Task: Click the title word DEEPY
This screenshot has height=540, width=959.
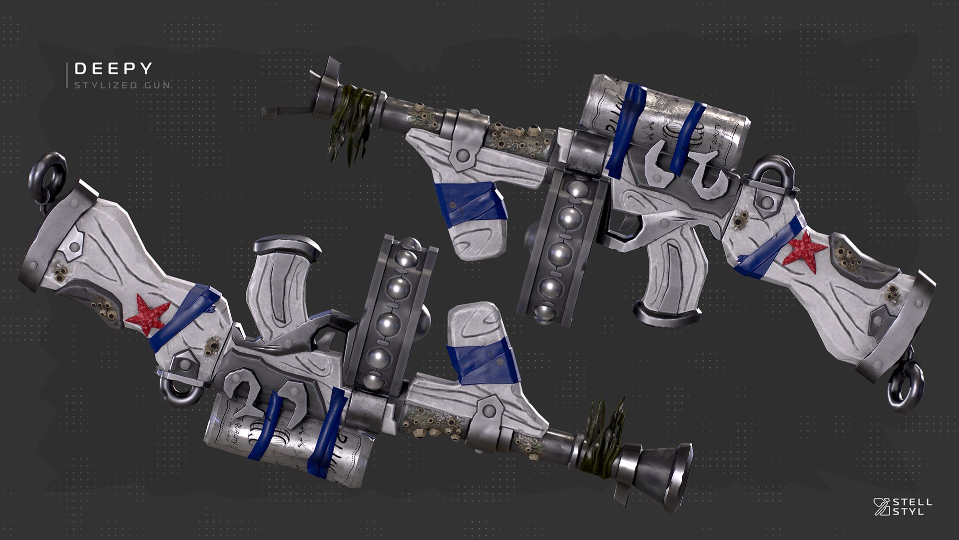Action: point(113,68)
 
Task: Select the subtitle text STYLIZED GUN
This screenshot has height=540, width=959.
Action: point(122,85)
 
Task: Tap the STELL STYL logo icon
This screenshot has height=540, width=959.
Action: point(882,506)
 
